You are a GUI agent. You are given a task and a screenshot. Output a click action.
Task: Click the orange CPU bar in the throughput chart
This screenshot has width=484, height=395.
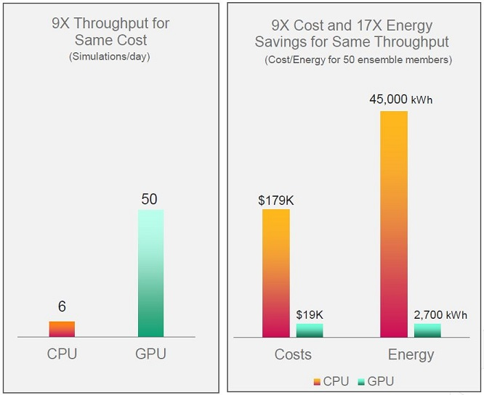tap(62, 329)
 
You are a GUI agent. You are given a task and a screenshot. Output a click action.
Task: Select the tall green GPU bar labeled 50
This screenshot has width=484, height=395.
tap(150, 273)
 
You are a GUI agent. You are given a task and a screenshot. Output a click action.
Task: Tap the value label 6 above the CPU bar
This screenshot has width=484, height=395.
tap(62, 307)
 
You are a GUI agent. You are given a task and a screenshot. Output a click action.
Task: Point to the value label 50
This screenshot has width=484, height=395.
tap(150, 198)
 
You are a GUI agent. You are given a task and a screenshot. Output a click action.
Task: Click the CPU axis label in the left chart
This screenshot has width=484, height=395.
tap(62, 354)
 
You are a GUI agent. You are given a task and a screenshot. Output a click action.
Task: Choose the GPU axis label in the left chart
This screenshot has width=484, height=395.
tap(150, 354)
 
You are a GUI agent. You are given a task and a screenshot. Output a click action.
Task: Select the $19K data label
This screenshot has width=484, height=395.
tap(309, 314)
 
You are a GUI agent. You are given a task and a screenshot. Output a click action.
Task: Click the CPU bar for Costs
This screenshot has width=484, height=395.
tap(275, 273)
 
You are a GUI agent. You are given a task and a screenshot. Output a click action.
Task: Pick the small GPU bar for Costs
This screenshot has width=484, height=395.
tap(309, 330)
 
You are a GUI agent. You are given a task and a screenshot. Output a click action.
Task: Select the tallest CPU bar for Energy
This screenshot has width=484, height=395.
tap(394, 224)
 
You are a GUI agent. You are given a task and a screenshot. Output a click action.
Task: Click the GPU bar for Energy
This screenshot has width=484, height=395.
tap(427, 330)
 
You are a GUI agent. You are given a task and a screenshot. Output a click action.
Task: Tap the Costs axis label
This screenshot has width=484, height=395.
tap(293, 354)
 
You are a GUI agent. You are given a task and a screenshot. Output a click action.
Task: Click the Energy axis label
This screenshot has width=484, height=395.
tap(411, 354)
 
